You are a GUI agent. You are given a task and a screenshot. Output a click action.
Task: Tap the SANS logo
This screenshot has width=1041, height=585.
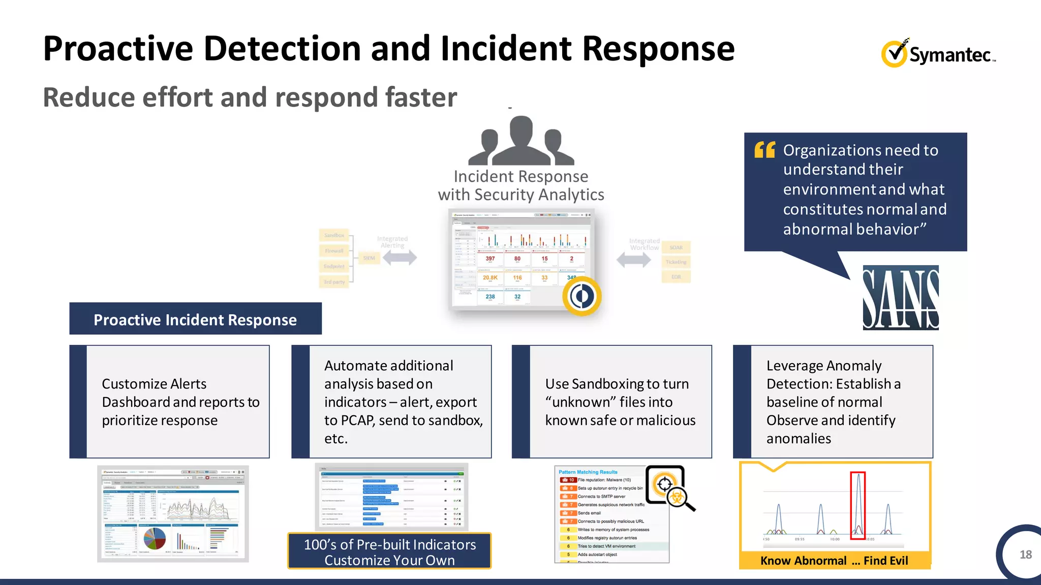(x=900, y=298)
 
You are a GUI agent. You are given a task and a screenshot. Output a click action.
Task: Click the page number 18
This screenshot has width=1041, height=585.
(x=1025, y=555)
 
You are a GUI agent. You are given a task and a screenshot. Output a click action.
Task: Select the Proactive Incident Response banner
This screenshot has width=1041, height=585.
(x=195, y=319)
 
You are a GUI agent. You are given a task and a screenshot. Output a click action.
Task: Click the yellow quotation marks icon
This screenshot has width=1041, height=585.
(x=764, y=150)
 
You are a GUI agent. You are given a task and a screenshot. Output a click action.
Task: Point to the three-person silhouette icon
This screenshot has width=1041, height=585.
(x=521, y=141)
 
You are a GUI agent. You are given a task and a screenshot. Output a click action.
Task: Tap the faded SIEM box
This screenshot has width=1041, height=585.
(x=369, y=258)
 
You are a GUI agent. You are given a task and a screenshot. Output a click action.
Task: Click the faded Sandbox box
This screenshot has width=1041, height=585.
(x=334, y=235)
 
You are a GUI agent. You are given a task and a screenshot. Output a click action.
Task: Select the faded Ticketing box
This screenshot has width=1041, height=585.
(x=676, y=262)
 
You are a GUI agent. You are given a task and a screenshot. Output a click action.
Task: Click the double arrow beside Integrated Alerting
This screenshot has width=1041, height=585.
(x=400, y=257)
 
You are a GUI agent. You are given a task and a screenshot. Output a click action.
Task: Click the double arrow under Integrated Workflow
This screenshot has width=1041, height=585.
(x=633, y=260)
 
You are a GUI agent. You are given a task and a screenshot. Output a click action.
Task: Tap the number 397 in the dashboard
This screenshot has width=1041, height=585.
(x=490, y=258)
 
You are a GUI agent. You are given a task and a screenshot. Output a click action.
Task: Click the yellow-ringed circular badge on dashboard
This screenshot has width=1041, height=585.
(x=582, y=296)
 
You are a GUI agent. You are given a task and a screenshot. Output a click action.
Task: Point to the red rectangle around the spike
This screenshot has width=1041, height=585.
(x=858, y=505)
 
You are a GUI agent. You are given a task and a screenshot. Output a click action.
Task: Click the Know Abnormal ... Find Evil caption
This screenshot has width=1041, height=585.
(x=834, y=561)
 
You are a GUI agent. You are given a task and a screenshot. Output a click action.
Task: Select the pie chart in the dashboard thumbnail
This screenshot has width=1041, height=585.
(x=155, y=538)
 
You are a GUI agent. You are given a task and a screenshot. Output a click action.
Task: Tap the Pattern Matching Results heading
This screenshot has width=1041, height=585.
(x=588, y=472)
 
